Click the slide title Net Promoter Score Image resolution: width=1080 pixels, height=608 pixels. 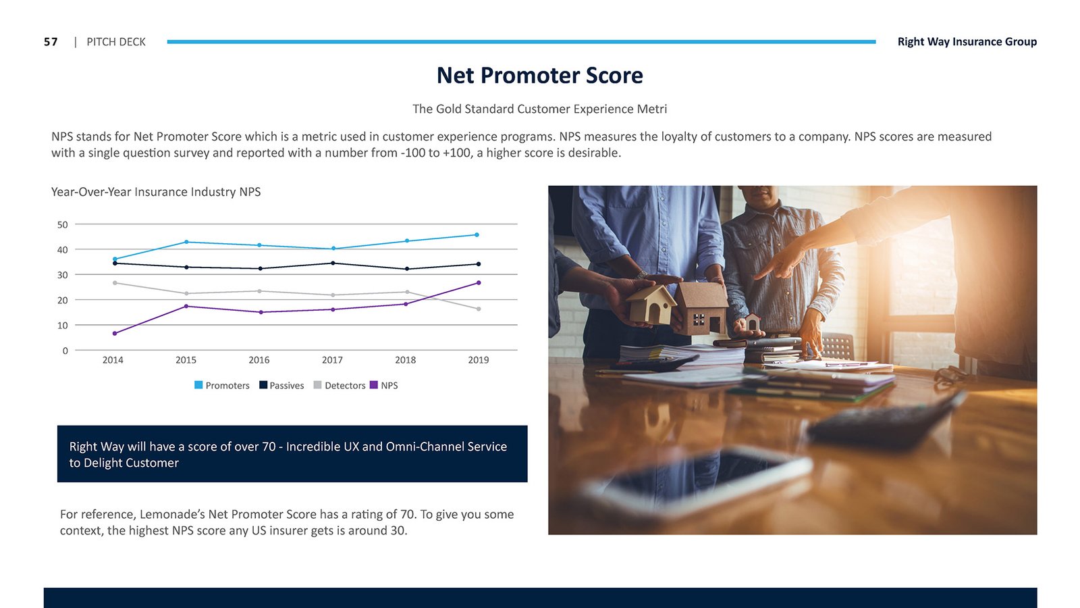point(539,75)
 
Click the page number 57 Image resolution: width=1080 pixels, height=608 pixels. point(51,42)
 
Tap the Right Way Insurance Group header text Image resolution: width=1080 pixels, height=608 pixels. point(967,41)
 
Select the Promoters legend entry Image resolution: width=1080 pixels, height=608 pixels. point(222,385)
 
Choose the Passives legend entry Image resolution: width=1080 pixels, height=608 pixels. point(281,385)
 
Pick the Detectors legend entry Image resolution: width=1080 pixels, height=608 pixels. point(340,385)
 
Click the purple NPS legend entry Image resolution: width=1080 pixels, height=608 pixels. point(384,385)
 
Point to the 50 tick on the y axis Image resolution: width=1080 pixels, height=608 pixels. point(63,224)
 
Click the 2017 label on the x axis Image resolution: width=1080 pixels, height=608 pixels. point(332,360)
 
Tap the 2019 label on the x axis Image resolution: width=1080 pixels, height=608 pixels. point(479,360)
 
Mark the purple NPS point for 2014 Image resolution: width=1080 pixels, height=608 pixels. point(115,334)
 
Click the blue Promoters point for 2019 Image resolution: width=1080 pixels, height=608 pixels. point(477,235)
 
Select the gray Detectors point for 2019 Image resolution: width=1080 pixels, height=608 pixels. point(479,309)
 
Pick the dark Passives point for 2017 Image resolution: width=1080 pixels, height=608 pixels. point(333,263)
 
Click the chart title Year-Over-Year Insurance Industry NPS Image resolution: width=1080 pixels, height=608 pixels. point(156,192)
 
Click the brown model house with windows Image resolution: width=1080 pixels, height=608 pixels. point(701,309)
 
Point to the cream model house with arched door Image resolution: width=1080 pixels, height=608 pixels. point(651,304)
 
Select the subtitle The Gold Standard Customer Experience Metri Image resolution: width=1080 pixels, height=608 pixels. point(539,109)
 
